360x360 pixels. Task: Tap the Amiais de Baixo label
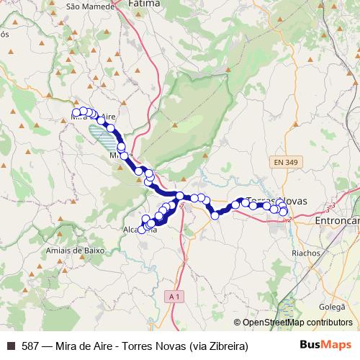(x=75, y=250)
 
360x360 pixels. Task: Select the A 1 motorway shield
(x=173, y=296)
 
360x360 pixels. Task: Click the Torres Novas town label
(x=277, y=200)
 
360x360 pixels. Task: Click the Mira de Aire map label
(x=101, y=117)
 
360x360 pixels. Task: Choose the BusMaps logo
(x=325, y=345)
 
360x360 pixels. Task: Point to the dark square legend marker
(x=10, y=346)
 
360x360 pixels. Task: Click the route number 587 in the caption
(x=31, y=346)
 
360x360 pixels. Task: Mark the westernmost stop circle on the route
(x=76, y=112)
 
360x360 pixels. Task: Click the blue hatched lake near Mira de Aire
(x=102, y=137)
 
